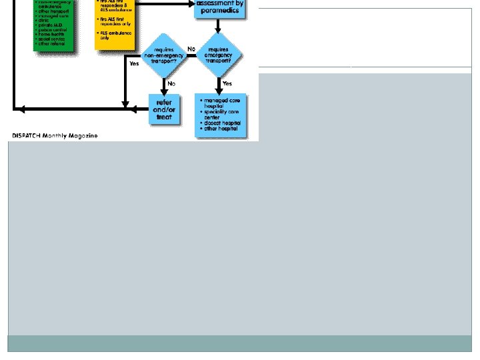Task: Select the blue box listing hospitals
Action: coord(221,115)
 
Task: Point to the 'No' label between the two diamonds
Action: coord(192,49)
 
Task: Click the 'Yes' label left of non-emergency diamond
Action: coord(134,63)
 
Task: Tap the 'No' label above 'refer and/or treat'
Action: coord(171,84)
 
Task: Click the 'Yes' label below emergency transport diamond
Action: coord(227,84)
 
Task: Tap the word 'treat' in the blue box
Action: coord(164,117)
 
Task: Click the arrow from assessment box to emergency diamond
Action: coord(219,27)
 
